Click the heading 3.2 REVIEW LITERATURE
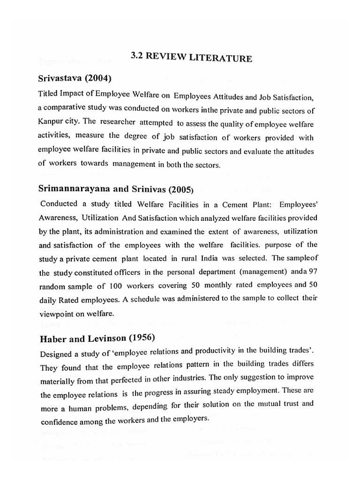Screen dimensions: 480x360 [x=191, y=58]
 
